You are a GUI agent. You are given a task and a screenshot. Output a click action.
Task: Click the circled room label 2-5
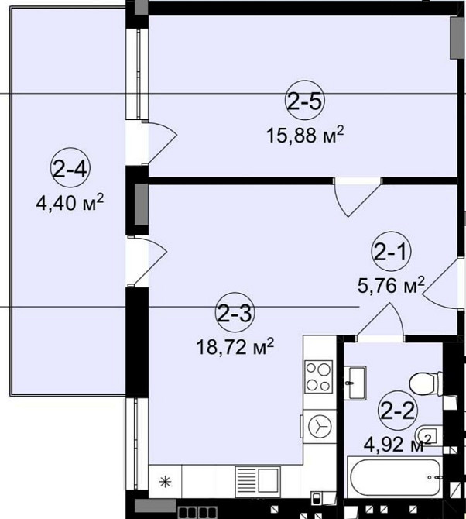[x=305, y=101]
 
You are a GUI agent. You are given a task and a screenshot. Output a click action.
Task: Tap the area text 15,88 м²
[x=305, y=135]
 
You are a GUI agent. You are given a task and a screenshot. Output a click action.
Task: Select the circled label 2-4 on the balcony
[x=70, y=168]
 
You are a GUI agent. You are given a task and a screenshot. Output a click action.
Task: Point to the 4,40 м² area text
[x=70, y=203]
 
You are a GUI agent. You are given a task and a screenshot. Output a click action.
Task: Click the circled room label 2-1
[x=391, y=252]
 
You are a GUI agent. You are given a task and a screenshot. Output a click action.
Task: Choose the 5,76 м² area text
[x=391, y=285]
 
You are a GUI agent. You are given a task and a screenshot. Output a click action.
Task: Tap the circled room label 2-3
[x=235, y=312]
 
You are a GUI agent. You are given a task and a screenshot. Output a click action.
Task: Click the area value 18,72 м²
[x=235, y=347]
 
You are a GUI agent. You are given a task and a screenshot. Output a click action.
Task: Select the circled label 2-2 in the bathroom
[x=398, y=411]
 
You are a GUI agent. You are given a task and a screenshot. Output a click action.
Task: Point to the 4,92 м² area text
[x=398, y=444]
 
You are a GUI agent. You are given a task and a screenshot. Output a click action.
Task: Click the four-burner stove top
[x=318, y=376]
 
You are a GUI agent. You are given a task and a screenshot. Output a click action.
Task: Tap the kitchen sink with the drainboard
[x=258, y=482]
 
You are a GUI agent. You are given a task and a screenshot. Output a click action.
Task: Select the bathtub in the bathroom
[x=395, y=477]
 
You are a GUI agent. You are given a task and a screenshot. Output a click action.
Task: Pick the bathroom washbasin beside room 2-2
[x=355, y=383]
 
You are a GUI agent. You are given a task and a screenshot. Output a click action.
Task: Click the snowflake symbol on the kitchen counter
[x=165, y=482]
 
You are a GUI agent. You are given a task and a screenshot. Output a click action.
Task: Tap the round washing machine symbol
[x=320, y=426]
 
